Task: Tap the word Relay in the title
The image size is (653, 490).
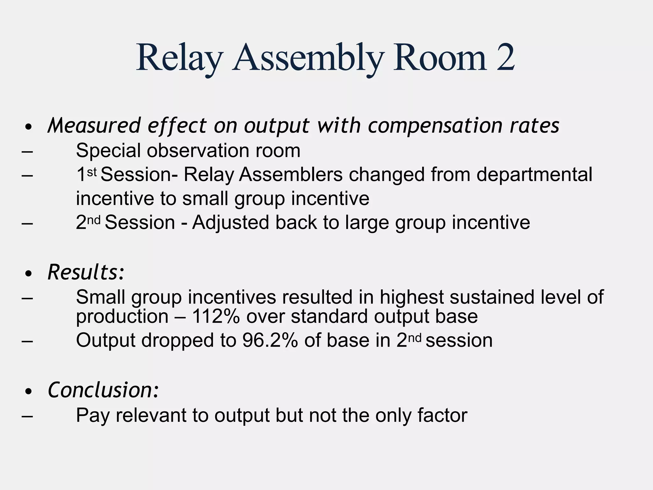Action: (179, 59)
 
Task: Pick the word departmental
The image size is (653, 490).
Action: (534, 175)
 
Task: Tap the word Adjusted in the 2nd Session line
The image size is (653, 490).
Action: (231, 222)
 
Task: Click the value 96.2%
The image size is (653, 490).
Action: (270, 340)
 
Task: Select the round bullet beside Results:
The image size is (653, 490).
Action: (29, 273)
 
